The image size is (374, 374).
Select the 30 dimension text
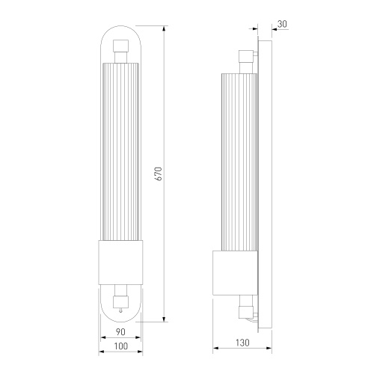(281, 25)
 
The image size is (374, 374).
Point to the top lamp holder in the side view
(244, 58)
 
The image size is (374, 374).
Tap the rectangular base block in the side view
(236, 272)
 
